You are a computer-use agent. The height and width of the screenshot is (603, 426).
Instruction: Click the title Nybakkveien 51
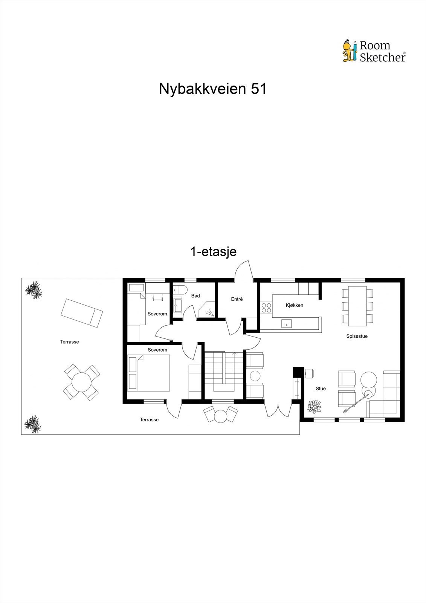pyautogui.click(x=212, y=89)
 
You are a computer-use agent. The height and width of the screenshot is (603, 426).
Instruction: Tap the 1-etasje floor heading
pyautogui.click(x=214, y=251)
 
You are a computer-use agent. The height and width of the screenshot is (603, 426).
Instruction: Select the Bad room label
pyautogui.click(x=195, y=296)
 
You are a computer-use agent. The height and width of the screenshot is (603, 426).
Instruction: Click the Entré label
pyautogui.click(x=237, y=299)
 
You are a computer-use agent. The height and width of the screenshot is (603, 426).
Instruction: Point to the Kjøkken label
pyautogui.click(x=294, y=305)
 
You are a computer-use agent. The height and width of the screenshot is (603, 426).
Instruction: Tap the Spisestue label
pyautogui.click(x=357, y=336)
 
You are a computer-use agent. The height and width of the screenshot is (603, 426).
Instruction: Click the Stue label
pyautogui.click(x=321, y=389)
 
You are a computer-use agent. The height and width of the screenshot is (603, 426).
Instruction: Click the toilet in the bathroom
pyautogui.click(x=180, y=290)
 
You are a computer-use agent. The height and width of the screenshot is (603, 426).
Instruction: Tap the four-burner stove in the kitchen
pyautogui.click(x=266, y=308)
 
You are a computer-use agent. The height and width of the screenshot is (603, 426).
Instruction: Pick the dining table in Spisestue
pyautogui.click(x=357, y=306)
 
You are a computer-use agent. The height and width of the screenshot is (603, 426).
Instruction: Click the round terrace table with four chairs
pyautogui.click(x=81, y=382)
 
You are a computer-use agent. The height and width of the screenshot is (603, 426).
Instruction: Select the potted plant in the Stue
pyautogui.click(x=314, y=406)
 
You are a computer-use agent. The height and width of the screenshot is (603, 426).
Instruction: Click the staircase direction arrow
pyautogui.click(x=235, y=354)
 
